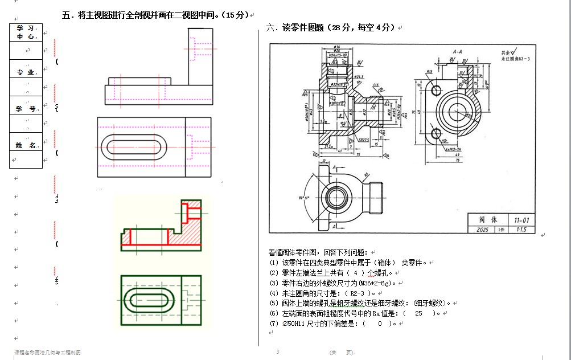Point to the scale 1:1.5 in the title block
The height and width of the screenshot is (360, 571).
[x=521, y=229]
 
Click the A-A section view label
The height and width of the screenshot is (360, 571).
[x=457, y=51]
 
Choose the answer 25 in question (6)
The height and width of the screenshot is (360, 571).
[x=419, y=313]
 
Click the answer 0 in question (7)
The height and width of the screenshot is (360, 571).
[x=380, y=324]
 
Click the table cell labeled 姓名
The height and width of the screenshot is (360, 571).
[x=26, y=146]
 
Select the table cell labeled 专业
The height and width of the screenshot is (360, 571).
[x=26, y=72]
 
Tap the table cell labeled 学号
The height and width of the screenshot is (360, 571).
[x=26, y=109]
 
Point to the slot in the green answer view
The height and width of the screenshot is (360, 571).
[x=147, y=298]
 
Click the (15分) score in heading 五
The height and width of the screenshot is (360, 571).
[x=236, y=15]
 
